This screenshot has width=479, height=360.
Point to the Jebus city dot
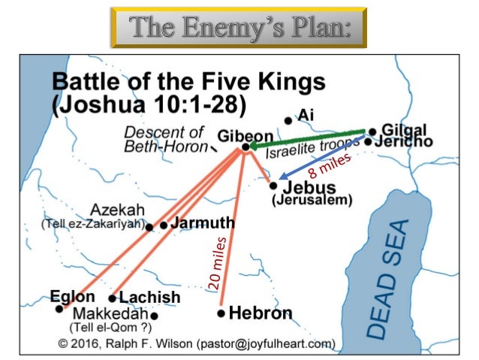(x=273, y=185)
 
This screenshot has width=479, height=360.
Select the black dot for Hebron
(x=221, y=313)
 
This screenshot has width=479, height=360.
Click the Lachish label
(x=150, y=298)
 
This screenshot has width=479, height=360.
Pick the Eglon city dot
(x=59, y=308)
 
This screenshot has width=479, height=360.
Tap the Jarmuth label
(x=203, y=224)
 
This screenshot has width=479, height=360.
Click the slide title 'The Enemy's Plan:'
(x=239, y=28)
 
